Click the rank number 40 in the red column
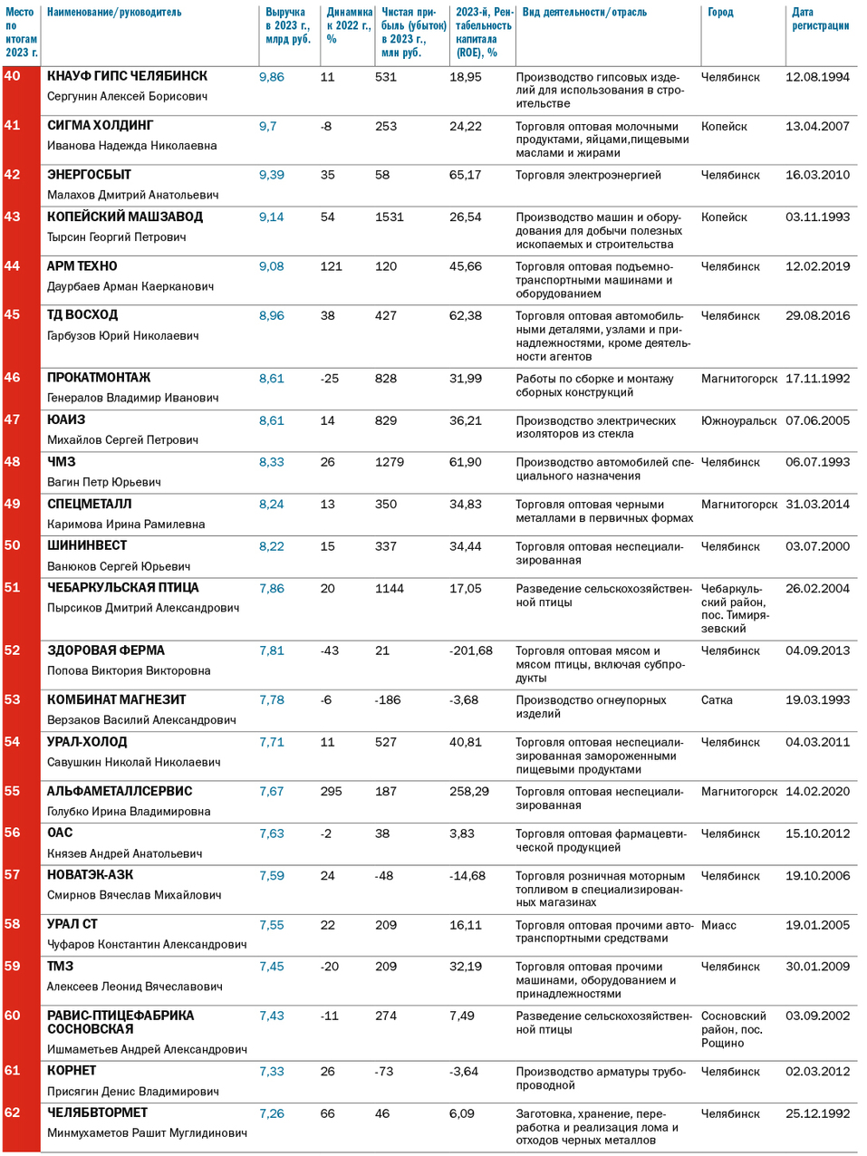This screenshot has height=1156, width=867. pos(13,76)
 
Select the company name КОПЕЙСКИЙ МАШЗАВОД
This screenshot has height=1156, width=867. pos(125,217)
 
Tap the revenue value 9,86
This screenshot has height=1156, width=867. pos(271,77)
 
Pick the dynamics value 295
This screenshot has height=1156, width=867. pos(331,791)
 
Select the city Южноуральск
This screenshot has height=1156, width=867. pos(738,420)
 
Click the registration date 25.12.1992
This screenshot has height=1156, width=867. pos(817,1113)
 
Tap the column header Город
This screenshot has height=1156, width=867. pos(720,13)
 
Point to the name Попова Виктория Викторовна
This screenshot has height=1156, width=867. pos(129,670)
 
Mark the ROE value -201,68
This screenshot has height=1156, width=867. pos(471,650)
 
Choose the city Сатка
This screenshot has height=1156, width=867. pos(717,700)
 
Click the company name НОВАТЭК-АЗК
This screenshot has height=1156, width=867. pos(90,874)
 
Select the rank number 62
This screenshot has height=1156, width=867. pos(13,1113)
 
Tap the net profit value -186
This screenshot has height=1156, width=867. pos(388,700)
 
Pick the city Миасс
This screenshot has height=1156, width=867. pos(718,925)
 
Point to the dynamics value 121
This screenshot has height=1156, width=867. pos(331,266)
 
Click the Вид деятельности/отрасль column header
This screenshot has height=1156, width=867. pos(584,13)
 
